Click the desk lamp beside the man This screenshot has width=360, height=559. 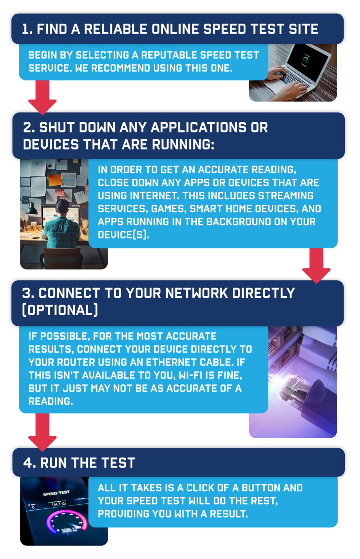(31, 209)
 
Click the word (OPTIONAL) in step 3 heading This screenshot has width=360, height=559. (60, 310)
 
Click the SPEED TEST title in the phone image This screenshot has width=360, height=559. (56, 493)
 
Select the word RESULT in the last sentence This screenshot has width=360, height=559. (228, 514)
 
